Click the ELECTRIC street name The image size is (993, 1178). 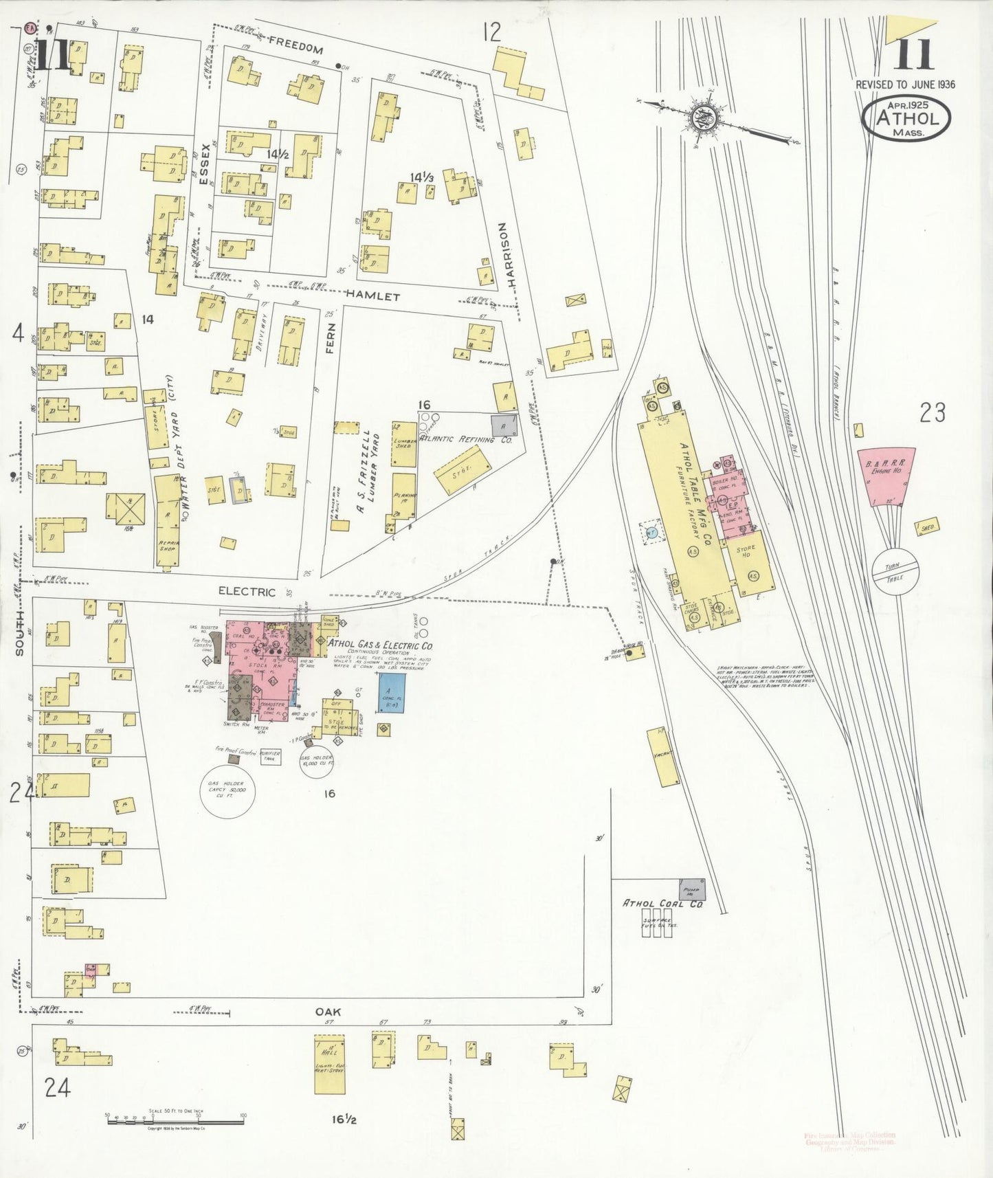(247, 591)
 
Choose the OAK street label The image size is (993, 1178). (328, 1012)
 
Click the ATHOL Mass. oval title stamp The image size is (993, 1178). (906, 118)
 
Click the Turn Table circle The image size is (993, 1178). (895, 570)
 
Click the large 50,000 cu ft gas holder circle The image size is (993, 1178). (227, 791)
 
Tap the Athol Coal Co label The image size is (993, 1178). (662, 903)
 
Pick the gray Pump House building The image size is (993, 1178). (691, 889)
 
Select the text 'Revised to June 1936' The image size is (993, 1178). (905, 85)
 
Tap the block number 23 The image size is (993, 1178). (933, 412)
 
